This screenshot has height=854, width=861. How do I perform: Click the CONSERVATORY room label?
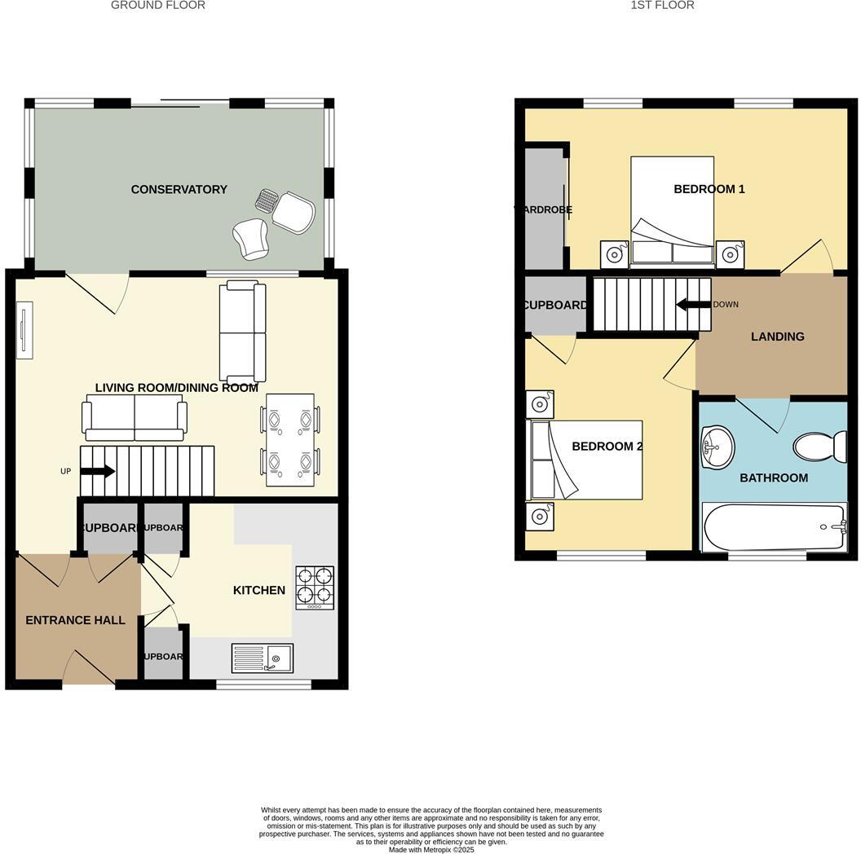point(179,189)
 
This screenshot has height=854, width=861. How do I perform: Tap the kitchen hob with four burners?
point(314,588)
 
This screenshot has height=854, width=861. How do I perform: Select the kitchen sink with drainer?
point(262,657)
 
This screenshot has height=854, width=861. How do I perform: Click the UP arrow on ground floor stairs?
point(97,471)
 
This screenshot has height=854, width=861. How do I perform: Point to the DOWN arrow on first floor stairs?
point(693,305)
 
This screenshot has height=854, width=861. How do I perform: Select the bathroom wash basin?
point(717,447)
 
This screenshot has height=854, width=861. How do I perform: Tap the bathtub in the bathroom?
point(774,527)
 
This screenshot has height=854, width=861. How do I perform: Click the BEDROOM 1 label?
point(709,189)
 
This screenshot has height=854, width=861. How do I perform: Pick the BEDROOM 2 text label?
point(607,446)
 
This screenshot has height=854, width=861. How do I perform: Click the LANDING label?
point(777,337)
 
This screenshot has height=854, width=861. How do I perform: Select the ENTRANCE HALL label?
point(75,620)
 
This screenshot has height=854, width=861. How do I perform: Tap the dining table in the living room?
point(289,440)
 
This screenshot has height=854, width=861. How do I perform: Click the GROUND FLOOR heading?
point(157,6)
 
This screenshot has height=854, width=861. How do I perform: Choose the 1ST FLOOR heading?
point(662,6)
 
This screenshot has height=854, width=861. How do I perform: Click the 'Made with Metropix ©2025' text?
point(430,849)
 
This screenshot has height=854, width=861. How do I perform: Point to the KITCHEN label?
point(258,590)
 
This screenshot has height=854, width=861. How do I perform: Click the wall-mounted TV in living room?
point(24,330)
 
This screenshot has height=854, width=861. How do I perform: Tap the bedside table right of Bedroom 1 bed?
point(729,254)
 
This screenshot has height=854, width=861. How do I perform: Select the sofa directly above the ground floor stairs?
point(135,417)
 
